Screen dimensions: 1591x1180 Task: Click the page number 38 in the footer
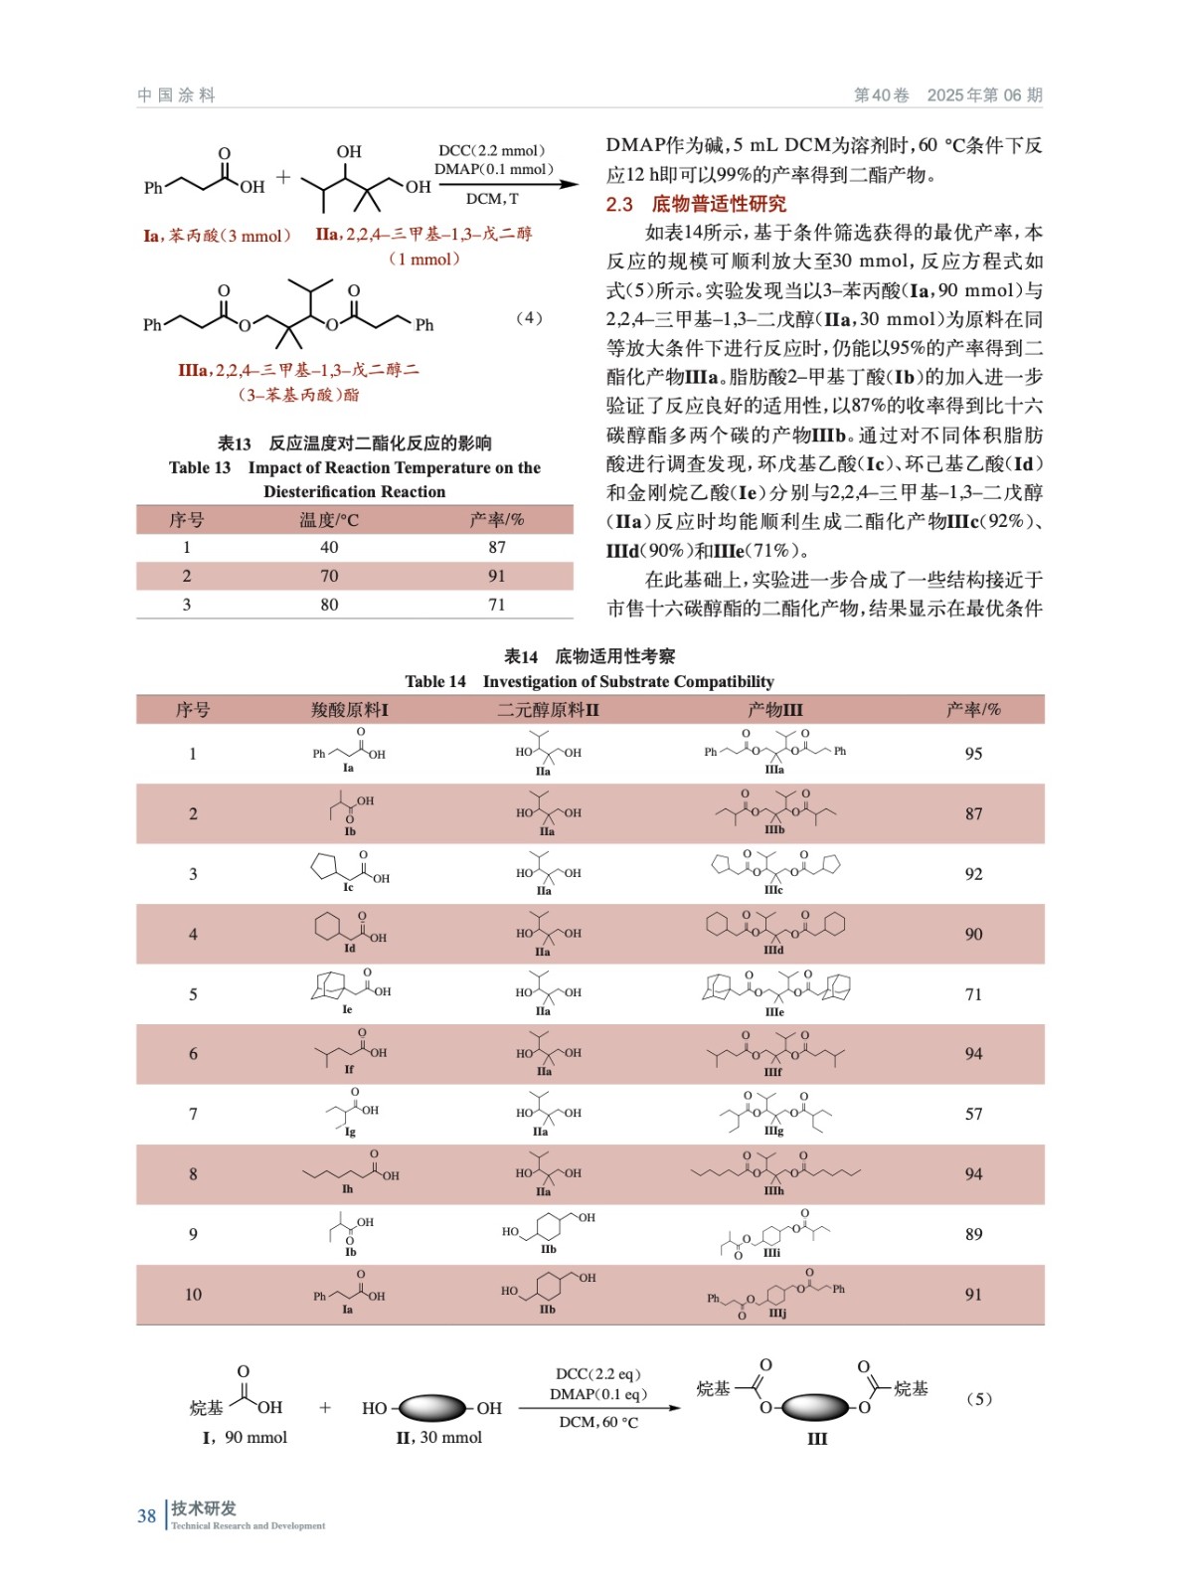(146, 1515)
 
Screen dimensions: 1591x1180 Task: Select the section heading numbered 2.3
(696, 204)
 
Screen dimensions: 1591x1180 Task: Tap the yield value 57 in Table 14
(973, 1114)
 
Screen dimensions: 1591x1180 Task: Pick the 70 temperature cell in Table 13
(329, 576)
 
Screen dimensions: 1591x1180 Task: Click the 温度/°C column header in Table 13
(329, 519)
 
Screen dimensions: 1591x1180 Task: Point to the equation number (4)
(529, 318)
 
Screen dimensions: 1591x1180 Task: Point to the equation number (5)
(978, 1398)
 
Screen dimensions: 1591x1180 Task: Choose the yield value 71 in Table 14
(973, 993)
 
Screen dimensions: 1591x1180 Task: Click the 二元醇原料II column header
(548, 709)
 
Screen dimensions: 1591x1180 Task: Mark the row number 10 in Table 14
(193, 1294)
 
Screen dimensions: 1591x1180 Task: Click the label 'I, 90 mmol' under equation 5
(245, 1437)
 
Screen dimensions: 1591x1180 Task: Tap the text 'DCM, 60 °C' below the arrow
(598, 1422)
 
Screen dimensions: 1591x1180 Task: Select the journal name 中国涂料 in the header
(176, 95)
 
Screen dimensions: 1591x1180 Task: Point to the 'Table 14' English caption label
(435, 681)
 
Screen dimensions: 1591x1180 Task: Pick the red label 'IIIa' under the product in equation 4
(193, 370)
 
